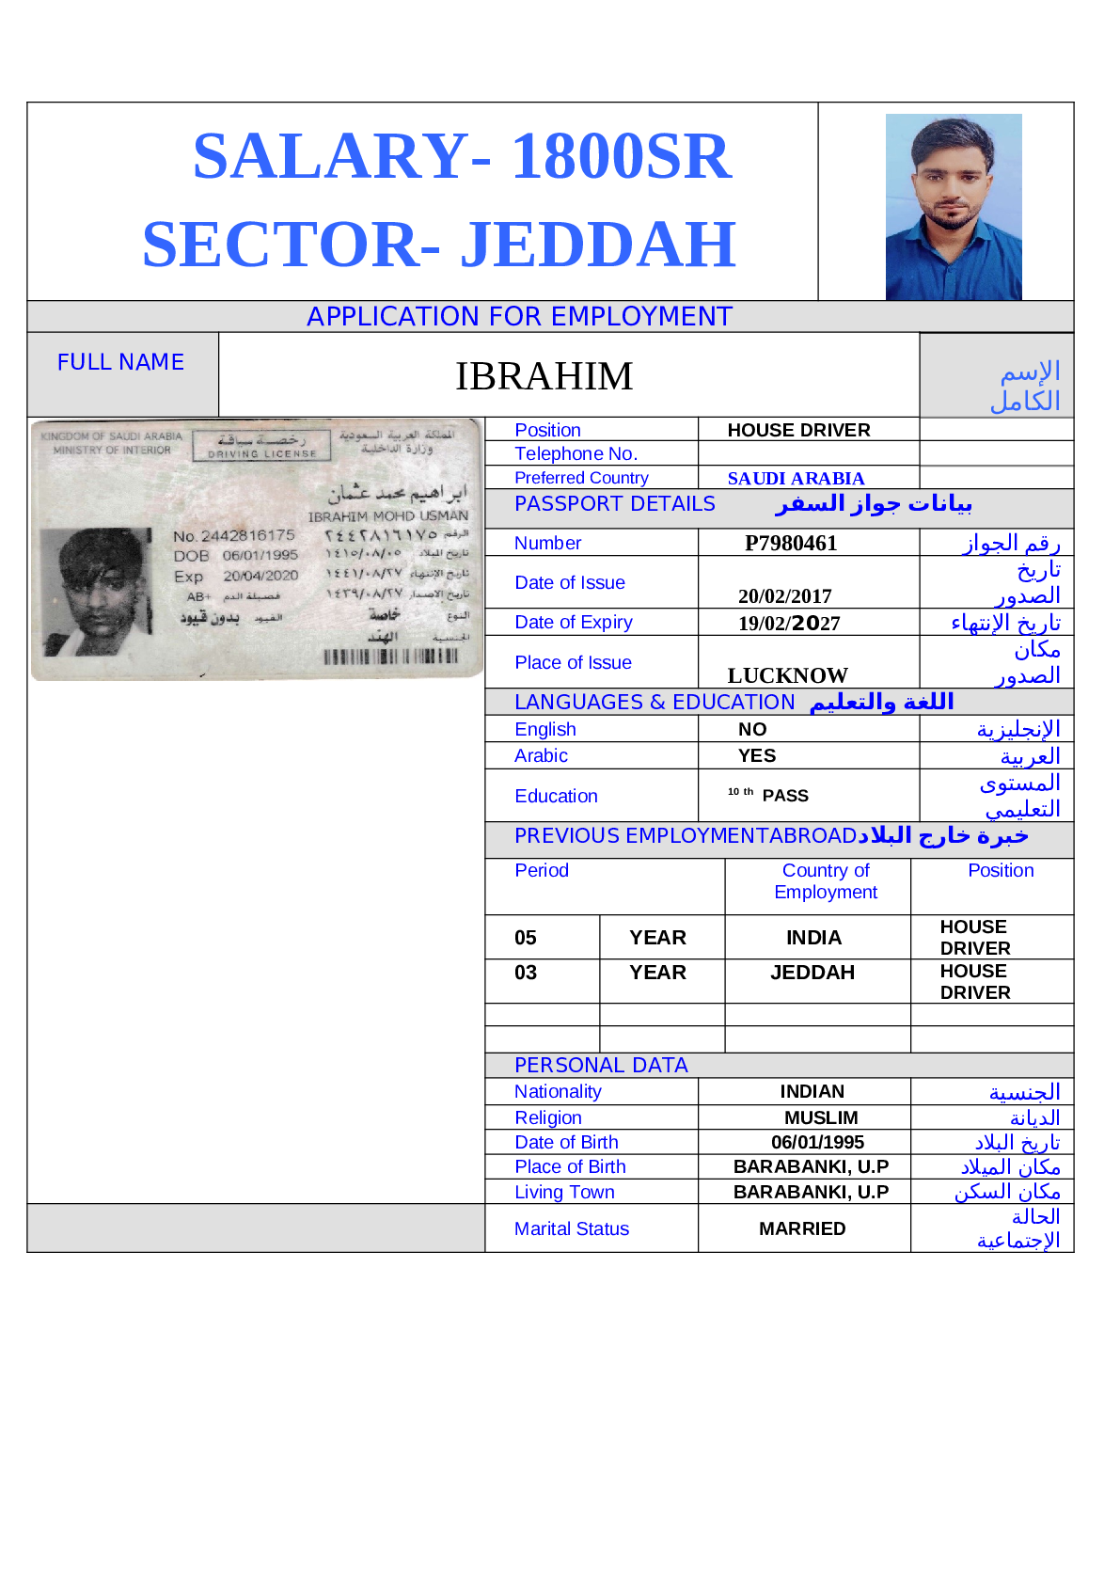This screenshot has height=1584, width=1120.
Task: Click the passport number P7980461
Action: coord(790,544)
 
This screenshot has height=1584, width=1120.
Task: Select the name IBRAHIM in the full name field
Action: coord(544,376)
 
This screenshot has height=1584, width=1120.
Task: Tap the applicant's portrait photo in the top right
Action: coord(953,207)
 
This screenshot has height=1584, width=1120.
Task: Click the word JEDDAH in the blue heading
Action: coord(597,245)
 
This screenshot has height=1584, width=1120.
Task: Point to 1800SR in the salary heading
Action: coord(621,156)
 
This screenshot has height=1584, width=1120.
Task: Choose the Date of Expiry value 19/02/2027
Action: coord(788,624)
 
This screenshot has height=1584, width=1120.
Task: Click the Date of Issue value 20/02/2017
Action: coord(784,596)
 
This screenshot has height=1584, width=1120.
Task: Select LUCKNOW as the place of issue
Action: coord(787,675)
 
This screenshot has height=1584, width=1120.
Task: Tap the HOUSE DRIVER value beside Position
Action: coord(798,431)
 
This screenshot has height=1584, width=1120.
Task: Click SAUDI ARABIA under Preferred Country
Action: coord(796,479)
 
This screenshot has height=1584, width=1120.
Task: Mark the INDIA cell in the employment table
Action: coord(813,938)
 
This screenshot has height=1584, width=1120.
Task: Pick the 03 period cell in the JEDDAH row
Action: coord(526,973)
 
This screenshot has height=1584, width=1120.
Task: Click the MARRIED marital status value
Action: coord(802,1228)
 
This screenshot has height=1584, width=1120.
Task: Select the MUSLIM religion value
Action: coord(821,1117)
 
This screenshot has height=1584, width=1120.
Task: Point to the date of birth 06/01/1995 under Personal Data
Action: coord(817,1142)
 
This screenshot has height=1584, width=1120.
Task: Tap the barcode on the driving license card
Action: coord(390,657)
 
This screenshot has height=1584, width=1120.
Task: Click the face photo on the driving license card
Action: coord(97,591)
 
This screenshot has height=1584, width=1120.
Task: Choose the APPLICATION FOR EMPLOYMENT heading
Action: coord(519,317)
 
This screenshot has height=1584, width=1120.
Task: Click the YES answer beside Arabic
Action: coord(756,756)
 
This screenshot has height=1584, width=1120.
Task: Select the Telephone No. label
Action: coord(576,453)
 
